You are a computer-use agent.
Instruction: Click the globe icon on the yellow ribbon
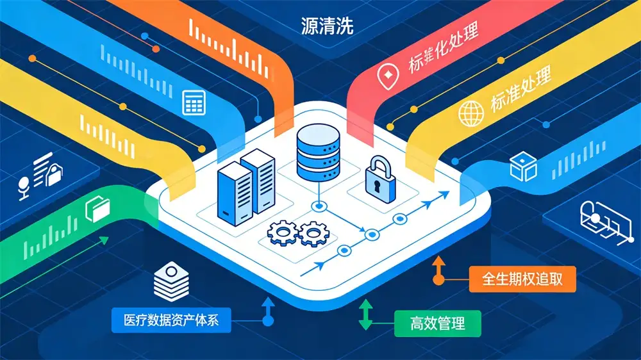click(470, 113)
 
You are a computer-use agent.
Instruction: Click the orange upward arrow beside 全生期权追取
click(439, 270)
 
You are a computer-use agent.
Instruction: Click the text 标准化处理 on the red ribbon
click(442, 49)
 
